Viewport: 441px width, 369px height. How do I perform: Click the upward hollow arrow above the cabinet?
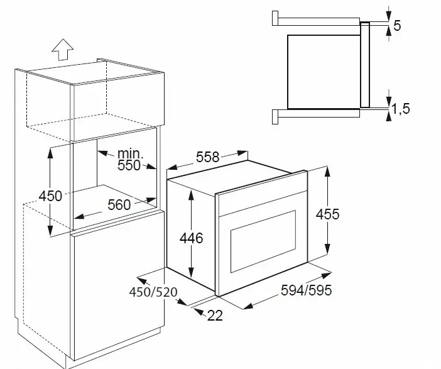62,50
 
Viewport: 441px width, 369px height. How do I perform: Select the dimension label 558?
207,157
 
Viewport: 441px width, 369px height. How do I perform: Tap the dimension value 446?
191,238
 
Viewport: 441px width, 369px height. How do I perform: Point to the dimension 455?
328,214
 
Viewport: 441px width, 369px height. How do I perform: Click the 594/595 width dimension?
307,290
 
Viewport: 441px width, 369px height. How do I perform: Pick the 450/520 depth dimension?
153,292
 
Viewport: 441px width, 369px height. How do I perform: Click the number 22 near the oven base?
215,316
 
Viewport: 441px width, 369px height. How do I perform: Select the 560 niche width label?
119,205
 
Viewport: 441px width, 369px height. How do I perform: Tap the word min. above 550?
130,153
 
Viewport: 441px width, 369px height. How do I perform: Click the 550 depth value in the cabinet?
129,165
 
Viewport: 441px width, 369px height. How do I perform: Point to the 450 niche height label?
50,196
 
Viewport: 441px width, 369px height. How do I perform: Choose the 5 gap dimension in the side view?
397,26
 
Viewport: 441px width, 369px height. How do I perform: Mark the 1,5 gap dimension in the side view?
401,109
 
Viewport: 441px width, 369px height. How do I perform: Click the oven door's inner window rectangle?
263,241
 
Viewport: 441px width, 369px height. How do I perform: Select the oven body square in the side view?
324,72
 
